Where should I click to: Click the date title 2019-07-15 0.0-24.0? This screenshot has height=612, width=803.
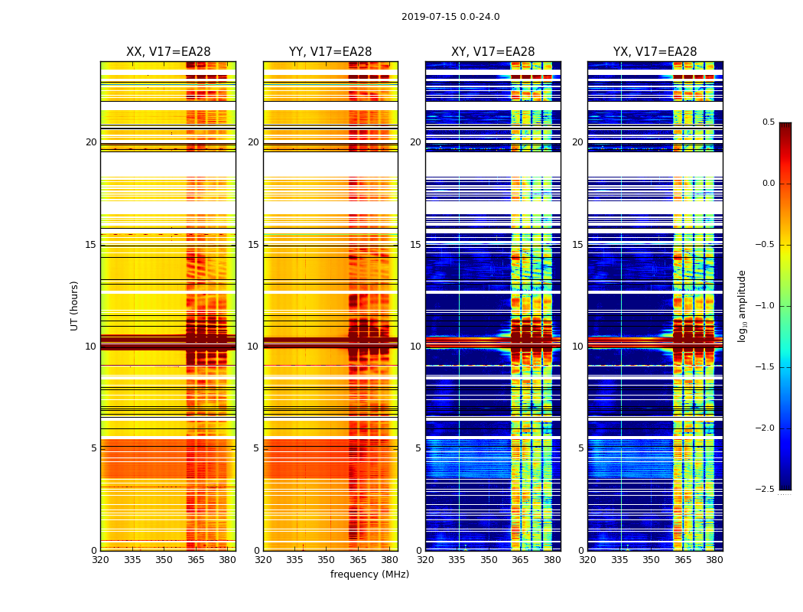tap(450, 17)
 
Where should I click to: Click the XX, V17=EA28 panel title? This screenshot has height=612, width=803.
tap(168, 52)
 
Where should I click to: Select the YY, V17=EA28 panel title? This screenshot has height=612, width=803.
tap(330, 52)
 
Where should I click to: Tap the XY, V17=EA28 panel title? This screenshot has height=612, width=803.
tap(493, 52)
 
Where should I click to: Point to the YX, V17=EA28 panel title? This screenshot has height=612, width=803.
tap(655, 52)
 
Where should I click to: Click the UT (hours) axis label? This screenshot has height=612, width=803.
tap(75, 305)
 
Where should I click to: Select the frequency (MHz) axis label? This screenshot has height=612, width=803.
tap(369, 575)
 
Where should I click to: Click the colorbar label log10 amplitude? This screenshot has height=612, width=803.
tap(742, 305)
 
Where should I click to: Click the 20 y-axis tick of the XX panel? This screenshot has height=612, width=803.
tap(91, 142)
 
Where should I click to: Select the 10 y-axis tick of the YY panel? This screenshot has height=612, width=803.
tap(254, 347)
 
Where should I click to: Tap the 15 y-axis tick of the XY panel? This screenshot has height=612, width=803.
tap(415, 245)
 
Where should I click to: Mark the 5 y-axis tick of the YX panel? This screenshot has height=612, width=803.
tap(580, 448)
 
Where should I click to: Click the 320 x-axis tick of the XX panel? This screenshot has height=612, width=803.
tap(100, 559)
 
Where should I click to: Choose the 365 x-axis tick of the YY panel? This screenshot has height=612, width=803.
tap(358, 559)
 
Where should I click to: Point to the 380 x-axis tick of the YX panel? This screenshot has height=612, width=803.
tap(714, 559)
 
